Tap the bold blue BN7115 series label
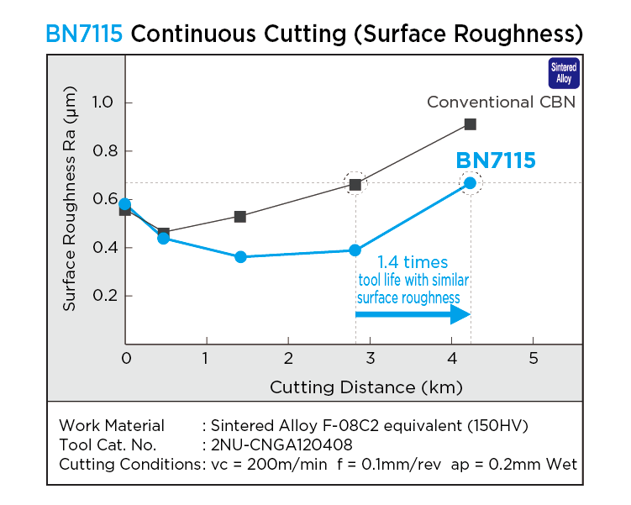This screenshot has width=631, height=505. tap(495, 160)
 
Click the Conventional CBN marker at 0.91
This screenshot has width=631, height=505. tap(471, 124)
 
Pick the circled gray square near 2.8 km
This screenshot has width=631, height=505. tap(355, 184)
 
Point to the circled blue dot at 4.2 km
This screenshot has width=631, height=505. tap(471, 183)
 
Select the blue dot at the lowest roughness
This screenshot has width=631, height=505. tap(240, 256)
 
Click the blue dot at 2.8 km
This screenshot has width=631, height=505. tap(355, 250)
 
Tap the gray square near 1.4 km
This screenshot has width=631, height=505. tap(240, 217)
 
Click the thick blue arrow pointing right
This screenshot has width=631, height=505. tap(412, 314)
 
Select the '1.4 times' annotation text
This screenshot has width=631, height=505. tap(412, 262)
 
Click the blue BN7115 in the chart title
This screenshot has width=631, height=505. tap(85, 34)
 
